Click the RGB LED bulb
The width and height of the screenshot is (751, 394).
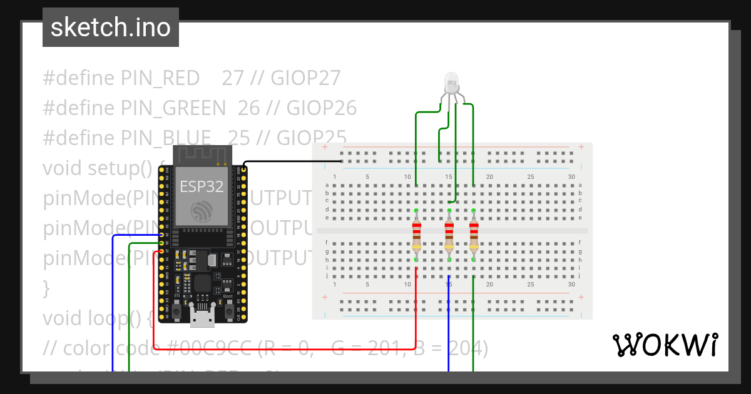coord(451,82)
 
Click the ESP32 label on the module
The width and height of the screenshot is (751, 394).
coord(202,186)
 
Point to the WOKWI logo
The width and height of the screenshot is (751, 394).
coord(665,345)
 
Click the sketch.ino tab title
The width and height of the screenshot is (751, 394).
coord(110,28)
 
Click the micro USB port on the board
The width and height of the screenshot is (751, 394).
coord(202,319)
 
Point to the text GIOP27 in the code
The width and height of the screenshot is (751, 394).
coord(306,78)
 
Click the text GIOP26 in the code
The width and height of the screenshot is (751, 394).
coord(322,109)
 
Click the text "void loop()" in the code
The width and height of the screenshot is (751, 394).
coord(94,318)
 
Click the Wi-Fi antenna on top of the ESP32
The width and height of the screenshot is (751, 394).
coord(202,154)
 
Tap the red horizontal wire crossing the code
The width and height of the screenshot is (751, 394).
coord(282,348)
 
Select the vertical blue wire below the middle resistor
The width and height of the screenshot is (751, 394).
coord(449,325)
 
